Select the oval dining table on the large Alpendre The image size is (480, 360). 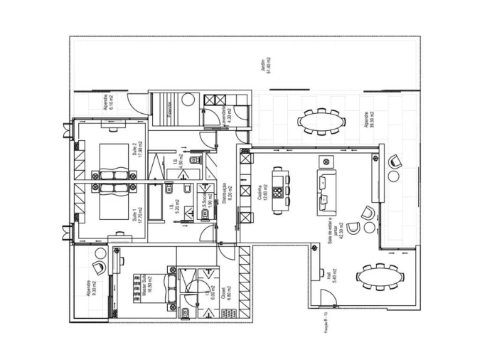click(x=321, y=122)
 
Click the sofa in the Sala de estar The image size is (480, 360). click(x=327, y=192)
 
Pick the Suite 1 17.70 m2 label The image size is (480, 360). click(x=137, y=213)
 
